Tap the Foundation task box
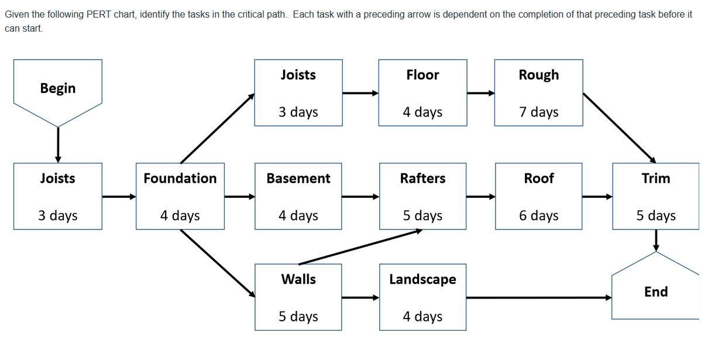pyautogui.click(x=180, y=196)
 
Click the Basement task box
pyautogui.click(x=298, y=196)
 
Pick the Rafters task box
pyautogui.click(x=422, y=196)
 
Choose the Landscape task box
pyautogui.click(x=422, y=297)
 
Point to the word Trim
pyautogui.click(x=655, y=179)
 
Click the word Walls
pyautogui.click(x=298, y=279)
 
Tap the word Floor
pyautogui.click(x=422, y=75)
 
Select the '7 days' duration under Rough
pyautogui.click(x=538, y=112)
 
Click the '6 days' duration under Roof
pyautogui.click(x=538, y=215)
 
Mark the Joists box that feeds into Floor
pyautogui.click(x=298, y=92)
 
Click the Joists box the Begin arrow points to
pyautogui.click(x=57, y=196)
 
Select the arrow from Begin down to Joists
pyautogui.click(x=57, y=144)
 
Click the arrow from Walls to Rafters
pyautogui.click(x=360, y=247)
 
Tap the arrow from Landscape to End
pyautogui.click(x=538, y=297)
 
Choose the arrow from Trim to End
pyautogui.click(x=655, y=240)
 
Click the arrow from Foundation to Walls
pyautogui.click(x=218, y=263)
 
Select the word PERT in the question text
pyautogui.click(x=98, y=14)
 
